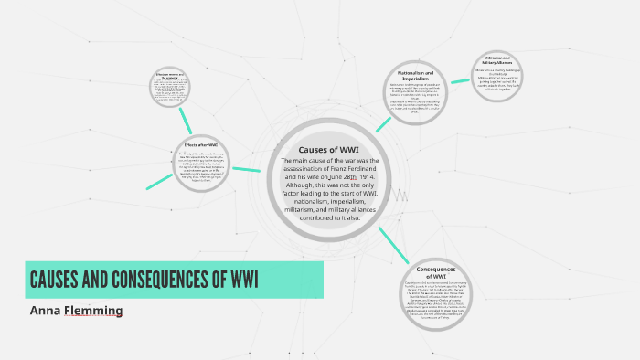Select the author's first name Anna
point(45,311)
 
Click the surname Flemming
point(91,311)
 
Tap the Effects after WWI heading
point(199,144)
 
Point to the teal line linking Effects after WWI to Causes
point(246,169)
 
